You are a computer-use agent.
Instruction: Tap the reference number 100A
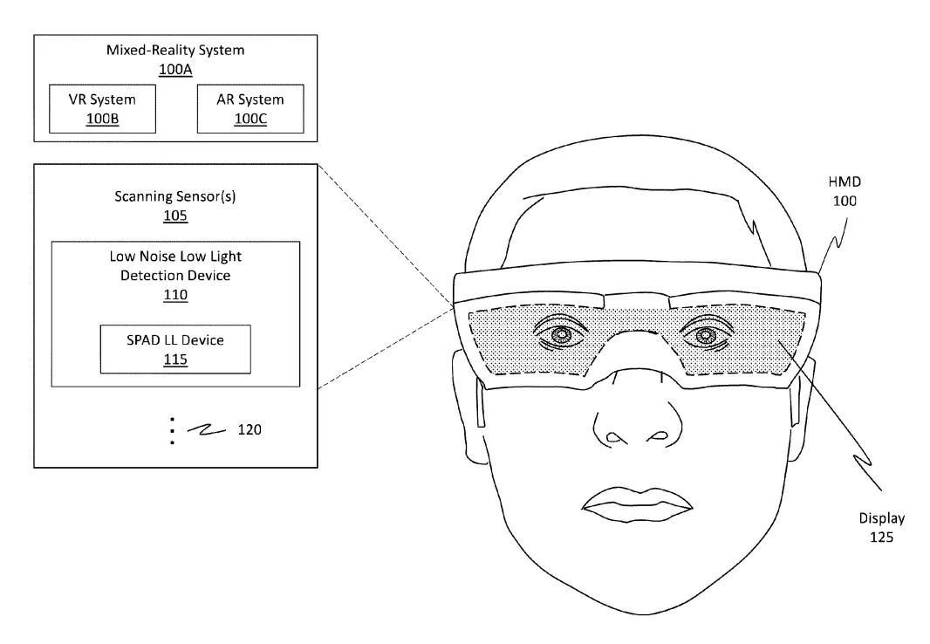[x=175, y=70]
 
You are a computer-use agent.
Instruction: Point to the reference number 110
[x=175, y=295]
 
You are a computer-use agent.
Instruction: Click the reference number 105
[x=175, y=216]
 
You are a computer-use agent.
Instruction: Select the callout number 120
[x=250, y=429]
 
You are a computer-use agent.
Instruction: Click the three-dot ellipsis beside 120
[x=172, y=430]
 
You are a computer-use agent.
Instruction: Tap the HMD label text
[x=845, y=182]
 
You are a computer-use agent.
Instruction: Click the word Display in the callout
[x=882, y=518]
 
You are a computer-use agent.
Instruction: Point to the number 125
[x=881, y=538]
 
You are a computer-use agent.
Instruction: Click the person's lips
[x=637, y=504]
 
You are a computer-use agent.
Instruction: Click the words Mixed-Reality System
[x=175, y=50]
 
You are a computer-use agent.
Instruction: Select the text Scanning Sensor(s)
[x=175, y=196]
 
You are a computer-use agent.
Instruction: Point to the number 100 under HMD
[x=845, y=201]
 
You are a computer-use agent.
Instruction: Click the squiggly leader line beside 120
[x=207, y=430]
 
